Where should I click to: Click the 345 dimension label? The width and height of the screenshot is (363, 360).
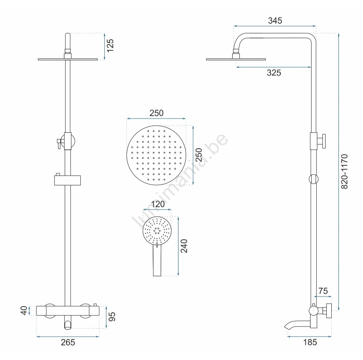click(275, 21)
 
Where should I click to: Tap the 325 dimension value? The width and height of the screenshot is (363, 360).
click(274, 73)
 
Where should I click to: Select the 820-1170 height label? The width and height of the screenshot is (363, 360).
click(344, 172)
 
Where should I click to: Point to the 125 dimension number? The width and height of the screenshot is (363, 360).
click(110, 45)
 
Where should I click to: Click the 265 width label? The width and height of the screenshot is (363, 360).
click(68, 342)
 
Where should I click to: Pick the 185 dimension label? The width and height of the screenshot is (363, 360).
click(310, 342)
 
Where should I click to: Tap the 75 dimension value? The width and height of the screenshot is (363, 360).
click(323, 291)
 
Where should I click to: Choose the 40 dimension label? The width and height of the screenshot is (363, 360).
click(24, 310)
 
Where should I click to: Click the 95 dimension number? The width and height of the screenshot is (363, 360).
click(112, 317)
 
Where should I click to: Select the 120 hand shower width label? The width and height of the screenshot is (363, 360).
click(158, 204)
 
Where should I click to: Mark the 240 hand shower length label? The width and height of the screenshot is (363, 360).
click(184, 246)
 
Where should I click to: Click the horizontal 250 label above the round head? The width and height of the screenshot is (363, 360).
click(157, 113)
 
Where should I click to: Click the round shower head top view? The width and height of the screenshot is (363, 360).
click(156, 155)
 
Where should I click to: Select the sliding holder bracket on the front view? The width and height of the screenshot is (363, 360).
click(67, 180)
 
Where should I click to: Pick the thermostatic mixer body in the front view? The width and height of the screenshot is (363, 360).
click(68, 311)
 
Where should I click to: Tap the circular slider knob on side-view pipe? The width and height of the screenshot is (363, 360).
click(314, 179)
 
